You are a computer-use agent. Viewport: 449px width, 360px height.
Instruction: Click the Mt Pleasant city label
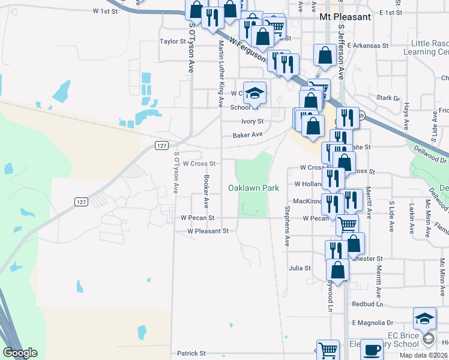345,17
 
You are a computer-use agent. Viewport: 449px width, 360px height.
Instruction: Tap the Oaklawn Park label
253,188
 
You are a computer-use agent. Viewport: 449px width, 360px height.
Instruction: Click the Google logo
20,353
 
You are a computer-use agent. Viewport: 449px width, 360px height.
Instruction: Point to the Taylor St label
173,41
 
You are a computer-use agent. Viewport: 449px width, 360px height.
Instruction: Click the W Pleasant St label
208,230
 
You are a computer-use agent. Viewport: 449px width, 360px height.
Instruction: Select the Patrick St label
191,353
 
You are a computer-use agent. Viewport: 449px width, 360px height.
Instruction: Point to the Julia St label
300,268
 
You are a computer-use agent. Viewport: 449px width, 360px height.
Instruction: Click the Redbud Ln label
363,304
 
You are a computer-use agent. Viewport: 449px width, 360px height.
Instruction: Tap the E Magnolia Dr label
372,322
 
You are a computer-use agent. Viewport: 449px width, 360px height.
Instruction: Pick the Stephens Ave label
288,227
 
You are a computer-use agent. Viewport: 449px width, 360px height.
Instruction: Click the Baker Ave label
248,135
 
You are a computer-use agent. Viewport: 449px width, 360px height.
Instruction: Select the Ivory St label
252,121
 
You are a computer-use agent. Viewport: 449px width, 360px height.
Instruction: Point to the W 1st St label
106,11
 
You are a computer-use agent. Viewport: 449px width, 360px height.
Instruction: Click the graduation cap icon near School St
255,93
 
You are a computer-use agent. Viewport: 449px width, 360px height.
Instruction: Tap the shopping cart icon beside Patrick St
327,350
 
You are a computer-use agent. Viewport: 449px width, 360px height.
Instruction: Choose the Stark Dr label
388,97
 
